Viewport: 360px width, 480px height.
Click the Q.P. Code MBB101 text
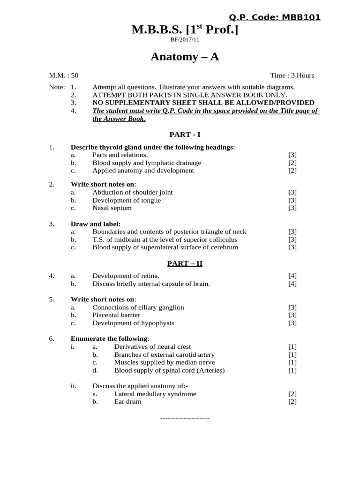click(x=274, y=17)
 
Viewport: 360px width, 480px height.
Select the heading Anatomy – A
click(x=184, y=57)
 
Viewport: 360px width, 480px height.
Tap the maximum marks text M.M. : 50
click(x=64, y=75)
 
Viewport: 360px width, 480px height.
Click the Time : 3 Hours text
click(x=292, y=75)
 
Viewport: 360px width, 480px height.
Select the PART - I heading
click(x=185, y=135)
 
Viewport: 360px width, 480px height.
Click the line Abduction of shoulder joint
click(x=132, y=192)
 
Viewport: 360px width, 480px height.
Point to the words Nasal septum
click(x=112, y=208)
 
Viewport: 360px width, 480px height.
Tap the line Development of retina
click(x=126, y=276)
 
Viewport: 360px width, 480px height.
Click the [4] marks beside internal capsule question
click(x=292, y=284)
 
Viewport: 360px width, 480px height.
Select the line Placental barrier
click(x=116, y=315)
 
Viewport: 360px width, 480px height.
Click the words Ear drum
click(x=127, y=402)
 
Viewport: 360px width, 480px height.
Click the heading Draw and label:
click(x=96, y=224)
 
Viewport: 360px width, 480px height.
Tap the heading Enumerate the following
click(x=109, y=338)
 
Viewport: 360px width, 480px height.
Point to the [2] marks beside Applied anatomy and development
click(x=292, y=171)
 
